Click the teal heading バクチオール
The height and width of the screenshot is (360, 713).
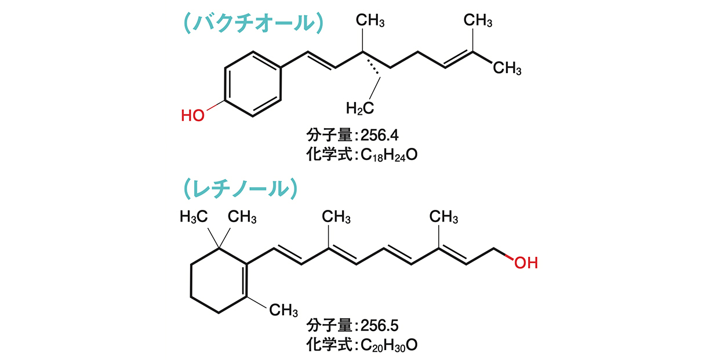254,23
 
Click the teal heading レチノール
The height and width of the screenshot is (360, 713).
241,189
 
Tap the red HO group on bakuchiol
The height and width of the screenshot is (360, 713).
192,115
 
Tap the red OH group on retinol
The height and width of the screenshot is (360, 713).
526,263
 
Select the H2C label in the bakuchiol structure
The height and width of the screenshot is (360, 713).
359,108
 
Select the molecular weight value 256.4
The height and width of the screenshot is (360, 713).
380,135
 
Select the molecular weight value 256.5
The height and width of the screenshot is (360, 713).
380,325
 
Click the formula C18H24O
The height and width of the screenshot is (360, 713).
389,155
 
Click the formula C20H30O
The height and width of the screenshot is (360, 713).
389,346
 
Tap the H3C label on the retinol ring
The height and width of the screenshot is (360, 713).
194,217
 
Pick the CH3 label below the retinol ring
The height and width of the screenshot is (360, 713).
283,310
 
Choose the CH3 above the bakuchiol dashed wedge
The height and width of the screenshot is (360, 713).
370,20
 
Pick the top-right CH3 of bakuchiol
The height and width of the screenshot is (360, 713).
478,20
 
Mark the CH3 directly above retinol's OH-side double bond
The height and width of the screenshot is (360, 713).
443,217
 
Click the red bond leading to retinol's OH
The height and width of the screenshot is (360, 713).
509,257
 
